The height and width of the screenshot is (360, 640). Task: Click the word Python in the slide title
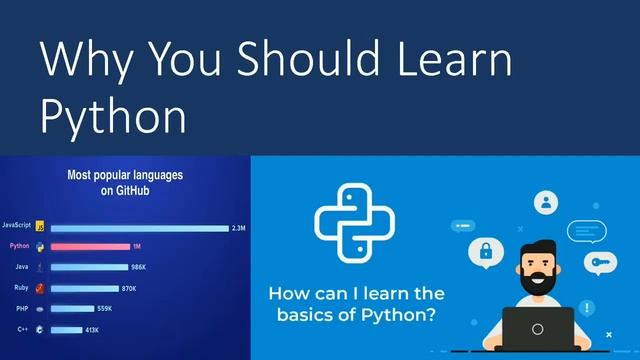point(113,116)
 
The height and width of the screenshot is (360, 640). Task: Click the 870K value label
point(128,288)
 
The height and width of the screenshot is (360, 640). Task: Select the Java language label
point(20,267)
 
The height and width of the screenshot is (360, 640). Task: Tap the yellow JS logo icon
point(40,228)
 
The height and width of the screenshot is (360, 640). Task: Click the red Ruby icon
point(40,288)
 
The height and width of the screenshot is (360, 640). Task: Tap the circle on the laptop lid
point(538,329)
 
